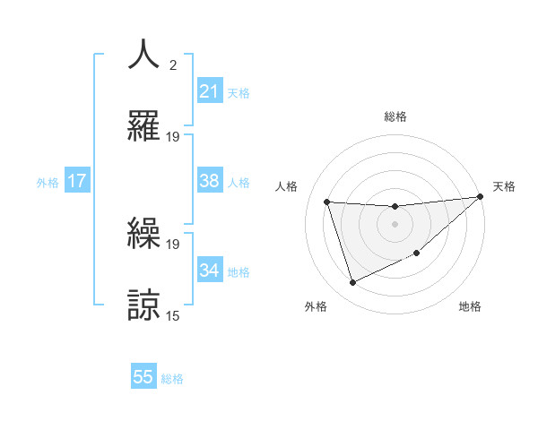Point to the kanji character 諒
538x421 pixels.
click(x=145, y=304)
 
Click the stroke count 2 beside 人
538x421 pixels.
click(x=173, y=65)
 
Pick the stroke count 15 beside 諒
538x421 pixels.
click(x=173, y=316)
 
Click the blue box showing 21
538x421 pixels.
click(x=210, y=91)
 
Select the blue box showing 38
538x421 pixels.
click(x=210, y=181)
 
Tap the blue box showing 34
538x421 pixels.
click(x=210, y=271)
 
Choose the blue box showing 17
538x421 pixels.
click(x=77, y=181)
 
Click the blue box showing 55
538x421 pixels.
click(x=143, y=377)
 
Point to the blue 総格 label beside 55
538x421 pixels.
click(x=172, y=379)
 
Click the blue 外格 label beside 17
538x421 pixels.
click(x=48, y=183)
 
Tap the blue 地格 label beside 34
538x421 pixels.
click(x=239, y=272)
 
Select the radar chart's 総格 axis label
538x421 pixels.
click(x=395, y=116)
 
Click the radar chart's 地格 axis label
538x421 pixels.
click(x=470, y=306)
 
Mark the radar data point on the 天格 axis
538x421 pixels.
click(x=480, y=197)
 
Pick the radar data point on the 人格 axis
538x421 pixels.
click(x=327, y=202)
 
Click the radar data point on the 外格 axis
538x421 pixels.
click(x=352, y=283)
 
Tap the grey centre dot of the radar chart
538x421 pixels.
click(x=395, y=224)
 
